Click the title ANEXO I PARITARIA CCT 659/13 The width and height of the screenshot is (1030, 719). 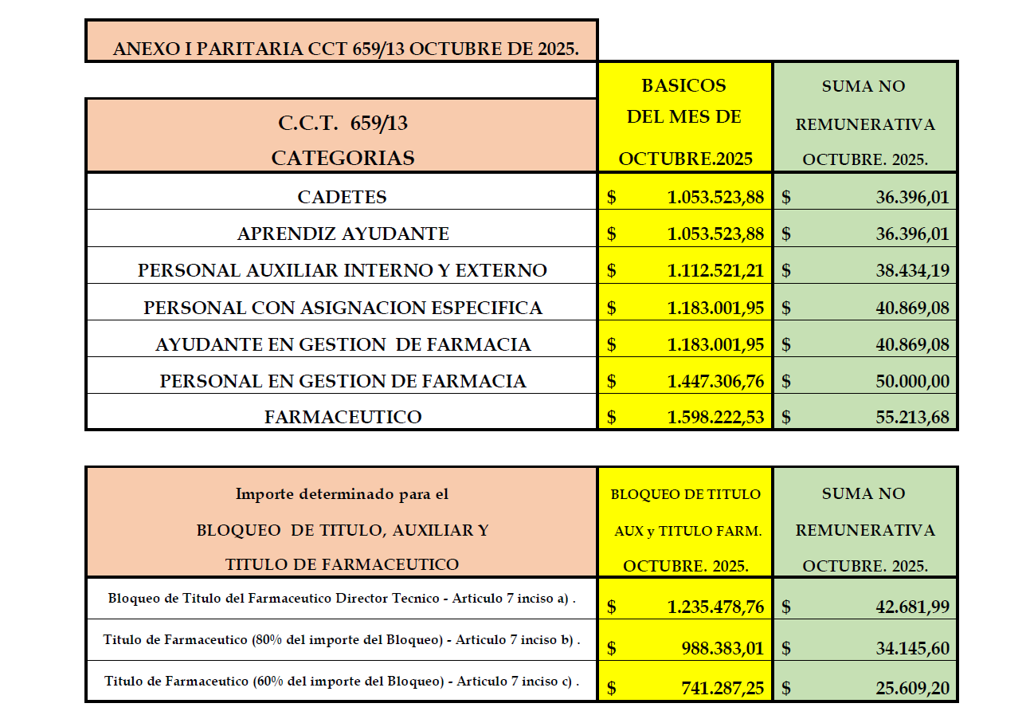[345, 49]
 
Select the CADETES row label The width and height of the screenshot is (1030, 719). [342, 197]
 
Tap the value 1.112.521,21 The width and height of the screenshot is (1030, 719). [715, 271]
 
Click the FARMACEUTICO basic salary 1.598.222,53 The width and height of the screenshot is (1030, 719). [715, 417]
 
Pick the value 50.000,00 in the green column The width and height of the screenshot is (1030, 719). [912, 382]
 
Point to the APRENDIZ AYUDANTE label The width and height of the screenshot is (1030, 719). [343, 234]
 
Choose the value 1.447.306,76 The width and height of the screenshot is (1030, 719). [715, 382]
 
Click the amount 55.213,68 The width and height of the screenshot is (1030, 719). [912, 417]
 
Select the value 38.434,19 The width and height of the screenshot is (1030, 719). [912, 271]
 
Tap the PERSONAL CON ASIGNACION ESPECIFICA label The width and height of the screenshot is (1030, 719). [343, 308]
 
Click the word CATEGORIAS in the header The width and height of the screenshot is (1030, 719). [343, 158]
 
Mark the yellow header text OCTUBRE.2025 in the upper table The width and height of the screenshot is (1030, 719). [685, 159]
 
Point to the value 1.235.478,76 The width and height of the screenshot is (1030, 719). [715, 607]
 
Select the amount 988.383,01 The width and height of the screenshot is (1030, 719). [722, 648]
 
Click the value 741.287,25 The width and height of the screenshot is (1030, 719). [722, 688]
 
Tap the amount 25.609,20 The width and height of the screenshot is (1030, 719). [912, 688]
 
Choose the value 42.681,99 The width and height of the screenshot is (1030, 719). [912, 607]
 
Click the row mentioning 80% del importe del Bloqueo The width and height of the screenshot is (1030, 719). [342, 640]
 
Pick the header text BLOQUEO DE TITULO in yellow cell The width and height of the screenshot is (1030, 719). [685, 494]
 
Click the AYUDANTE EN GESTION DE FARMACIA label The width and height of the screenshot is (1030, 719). [343, 344]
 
